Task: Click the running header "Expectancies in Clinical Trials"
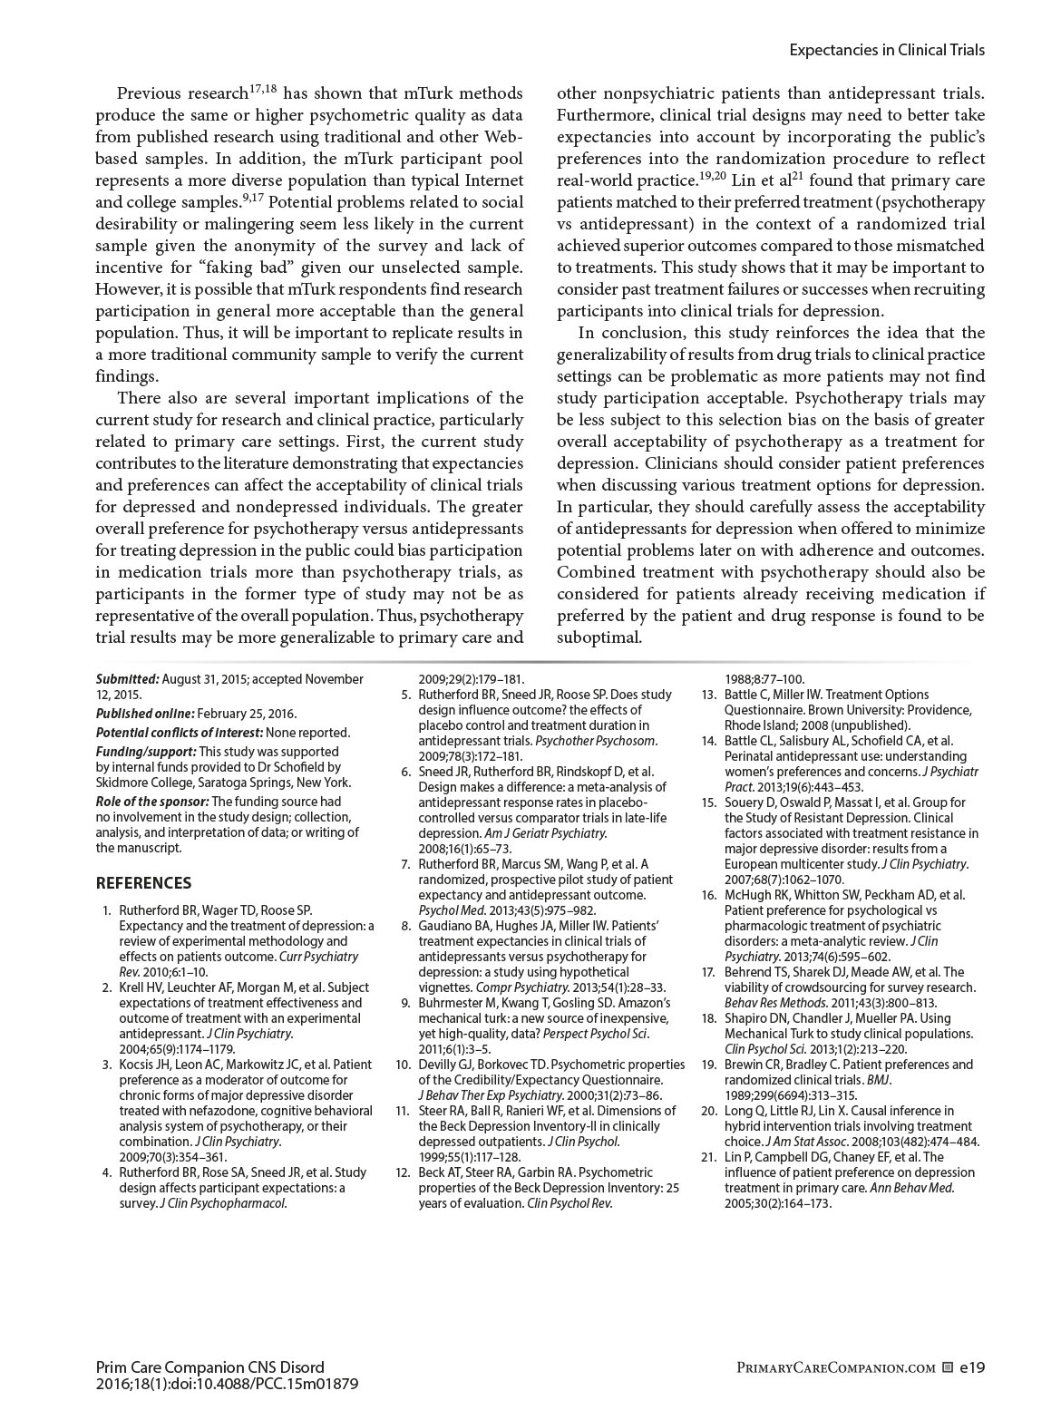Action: (x=886, y=50)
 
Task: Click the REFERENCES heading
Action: (x=143, y=882)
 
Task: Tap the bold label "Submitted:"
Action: (x=128, y=679)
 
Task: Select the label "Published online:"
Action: (x=144, y=714)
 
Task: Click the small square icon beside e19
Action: (x=948, y=1367)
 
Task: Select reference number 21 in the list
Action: (x=709, y=1157)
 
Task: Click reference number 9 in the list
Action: (x=406, y=1003)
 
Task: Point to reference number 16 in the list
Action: (x=709, y=895)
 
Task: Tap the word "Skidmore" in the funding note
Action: (x=122, y=783)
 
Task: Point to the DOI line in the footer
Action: (x=227, y=1384)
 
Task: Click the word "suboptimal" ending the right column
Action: (x=599, y=637)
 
